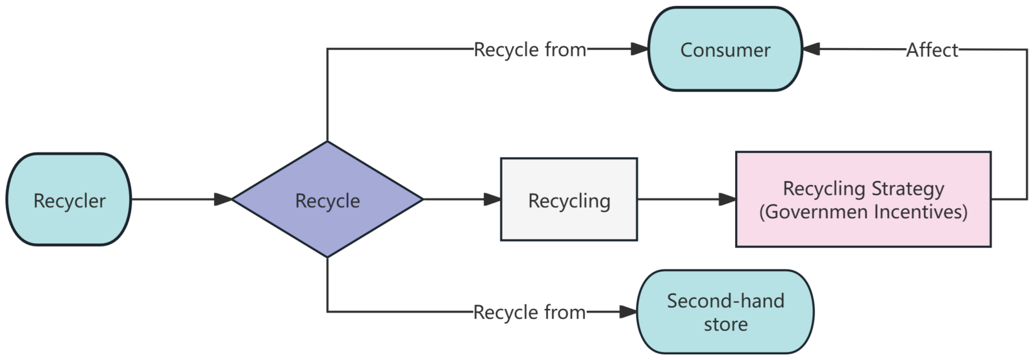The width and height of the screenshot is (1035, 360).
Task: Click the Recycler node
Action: point(68,199)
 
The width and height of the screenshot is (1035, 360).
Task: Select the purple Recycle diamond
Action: point(327,199)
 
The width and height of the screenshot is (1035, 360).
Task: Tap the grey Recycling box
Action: point(569,199)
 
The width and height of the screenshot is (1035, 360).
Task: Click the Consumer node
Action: point(725,49)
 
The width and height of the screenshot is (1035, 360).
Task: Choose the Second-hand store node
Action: point(725,312)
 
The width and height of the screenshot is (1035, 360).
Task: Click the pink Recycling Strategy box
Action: point(863,199)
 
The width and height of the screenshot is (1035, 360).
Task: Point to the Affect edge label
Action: point(932,50)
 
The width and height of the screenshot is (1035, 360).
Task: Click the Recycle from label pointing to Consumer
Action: point(530,50)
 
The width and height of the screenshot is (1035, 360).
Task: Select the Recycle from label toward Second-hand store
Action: point(529,312)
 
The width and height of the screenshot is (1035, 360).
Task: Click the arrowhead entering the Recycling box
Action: point(492,199)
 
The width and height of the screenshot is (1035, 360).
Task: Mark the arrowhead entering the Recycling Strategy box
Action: point(727,199)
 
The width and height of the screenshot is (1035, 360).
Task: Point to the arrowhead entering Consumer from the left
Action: point(640,49)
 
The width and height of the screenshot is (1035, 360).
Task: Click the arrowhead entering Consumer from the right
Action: point(811,49)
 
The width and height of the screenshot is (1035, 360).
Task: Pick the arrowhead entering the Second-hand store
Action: point(628,312)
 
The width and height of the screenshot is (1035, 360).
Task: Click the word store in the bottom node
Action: point(725,324)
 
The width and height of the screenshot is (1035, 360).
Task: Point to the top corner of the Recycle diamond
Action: point(327,143)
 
